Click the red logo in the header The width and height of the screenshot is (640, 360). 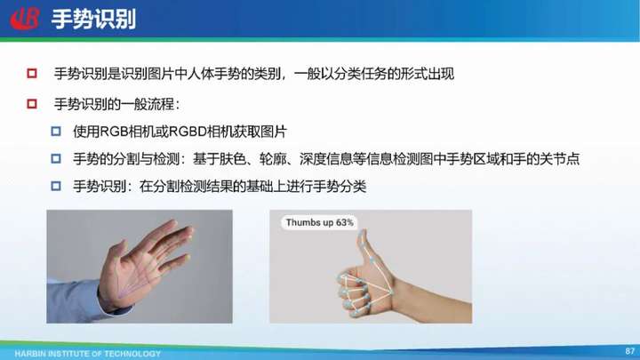(25, 19)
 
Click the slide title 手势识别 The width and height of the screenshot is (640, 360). (93, 20)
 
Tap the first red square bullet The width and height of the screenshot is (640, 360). (32, 74)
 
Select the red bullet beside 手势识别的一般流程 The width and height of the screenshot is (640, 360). (32, 104)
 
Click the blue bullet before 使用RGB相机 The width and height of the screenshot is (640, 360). (56, 132)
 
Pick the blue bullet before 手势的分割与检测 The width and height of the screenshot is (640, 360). (56, 158)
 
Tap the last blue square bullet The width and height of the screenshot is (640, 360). (56, 186)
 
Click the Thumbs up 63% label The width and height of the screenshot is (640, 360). (320, 222)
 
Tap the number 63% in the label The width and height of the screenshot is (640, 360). (345, 222)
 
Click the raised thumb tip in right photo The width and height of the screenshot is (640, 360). (363, 234)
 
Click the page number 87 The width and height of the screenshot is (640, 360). (630, 351)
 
